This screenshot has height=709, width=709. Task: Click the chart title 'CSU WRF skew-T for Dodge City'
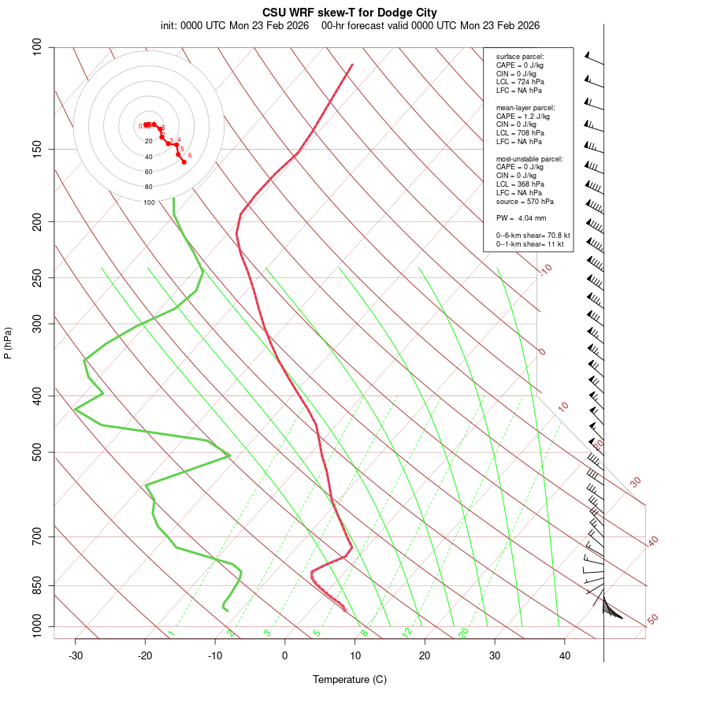349,13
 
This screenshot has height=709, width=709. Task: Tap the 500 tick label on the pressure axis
37,452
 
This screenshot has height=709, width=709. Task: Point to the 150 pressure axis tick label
37,149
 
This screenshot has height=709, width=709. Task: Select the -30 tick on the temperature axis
76,655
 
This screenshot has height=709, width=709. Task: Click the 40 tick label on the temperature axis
565,655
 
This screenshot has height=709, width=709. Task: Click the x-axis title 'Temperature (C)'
349,679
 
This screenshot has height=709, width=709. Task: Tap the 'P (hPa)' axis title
8,343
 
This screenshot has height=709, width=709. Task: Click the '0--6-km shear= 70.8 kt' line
533,236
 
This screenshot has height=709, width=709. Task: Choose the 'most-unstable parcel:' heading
529,159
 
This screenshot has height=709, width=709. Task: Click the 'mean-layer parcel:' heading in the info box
525,107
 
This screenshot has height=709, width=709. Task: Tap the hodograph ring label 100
149,202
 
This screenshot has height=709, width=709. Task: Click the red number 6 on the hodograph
190,155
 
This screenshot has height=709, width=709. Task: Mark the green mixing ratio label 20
464,632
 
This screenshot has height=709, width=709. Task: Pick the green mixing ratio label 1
171,633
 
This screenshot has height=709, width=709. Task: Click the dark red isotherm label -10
545,269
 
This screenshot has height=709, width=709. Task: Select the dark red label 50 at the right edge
652,619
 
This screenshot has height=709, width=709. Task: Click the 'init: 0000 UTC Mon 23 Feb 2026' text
235,26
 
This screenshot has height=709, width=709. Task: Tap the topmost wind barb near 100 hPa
594,58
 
